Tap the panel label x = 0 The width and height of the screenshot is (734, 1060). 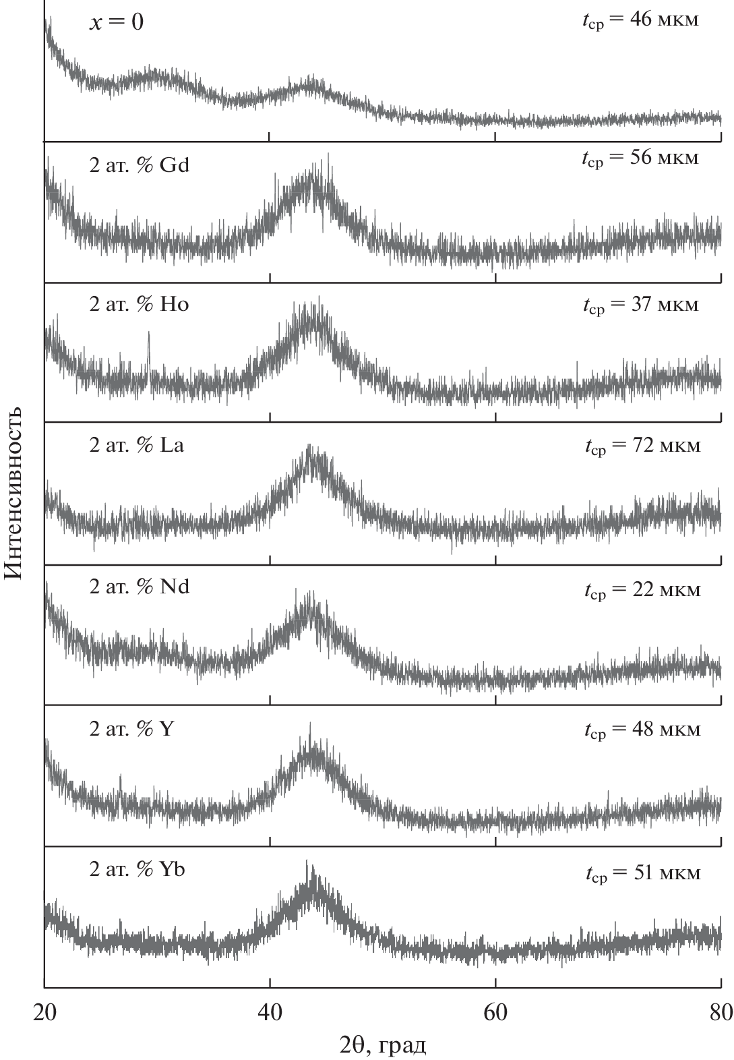click(x=117, y=23)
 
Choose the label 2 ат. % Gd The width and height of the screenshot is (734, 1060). click(x=140, y=165)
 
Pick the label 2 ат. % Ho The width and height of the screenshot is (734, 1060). click(x=140, y=305)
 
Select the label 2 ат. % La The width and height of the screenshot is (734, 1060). click(x=137, y=446)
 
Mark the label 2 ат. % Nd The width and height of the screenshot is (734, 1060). click(x=140, y=587)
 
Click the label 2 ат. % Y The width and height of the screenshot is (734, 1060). click(x=132, y=729)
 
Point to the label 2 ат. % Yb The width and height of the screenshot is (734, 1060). click(x=137, y=870)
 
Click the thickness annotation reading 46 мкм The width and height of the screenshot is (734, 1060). click(x=640, y=20)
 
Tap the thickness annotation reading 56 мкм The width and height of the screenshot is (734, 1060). click(x=640, y=158)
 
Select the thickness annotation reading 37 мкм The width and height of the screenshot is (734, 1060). click(x=641, y=305)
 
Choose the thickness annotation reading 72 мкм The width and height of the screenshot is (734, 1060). click(x=642, y=446)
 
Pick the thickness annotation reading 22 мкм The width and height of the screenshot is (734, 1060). click(x=642, y=591)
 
